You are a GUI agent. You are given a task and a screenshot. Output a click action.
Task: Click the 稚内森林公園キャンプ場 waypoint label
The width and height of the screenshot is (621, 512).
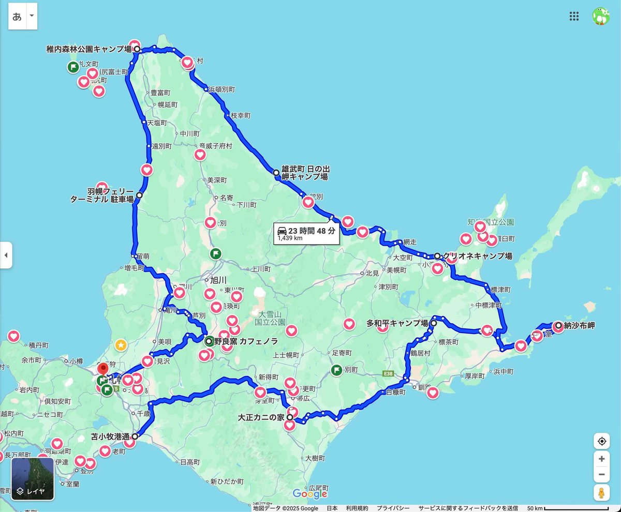tap(89, 49)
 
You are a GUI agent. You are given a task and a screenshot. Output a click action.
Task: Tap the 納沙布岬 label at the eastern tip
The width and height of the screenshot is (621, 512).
tap(579, 326)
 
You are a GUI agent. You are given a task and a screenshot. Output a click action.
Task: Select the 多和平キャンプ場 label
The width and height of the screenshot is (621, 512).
tap(397, 324)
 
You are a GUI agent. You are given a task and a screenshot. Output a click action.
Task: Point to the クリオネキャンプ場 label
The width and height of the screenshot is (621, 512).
tap(477, 256)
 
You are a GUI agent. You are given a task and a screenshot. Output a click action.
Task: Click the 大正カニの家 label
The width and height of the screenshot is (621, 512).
tap(261, 417)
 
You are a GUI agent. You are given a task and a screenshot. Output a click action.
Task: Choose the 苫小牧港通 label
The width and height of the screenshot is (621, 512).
tap(110, 436)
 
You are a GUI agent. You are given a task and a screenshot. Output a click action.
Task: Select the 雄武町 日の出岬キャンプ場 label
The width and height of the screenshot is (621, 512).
tap(305, 173)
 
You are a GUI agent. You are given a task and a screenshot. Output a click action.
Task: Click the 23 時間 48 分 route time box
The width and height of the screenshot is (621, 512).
tap(306, 234)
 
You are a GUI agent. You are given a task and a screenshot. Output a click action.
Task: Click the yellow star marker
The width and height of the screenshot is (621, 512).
tap(121, 344)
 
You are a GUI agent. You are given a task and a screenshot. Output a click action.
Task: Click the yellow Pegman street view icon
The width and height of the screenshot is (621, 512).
tap(601, 493)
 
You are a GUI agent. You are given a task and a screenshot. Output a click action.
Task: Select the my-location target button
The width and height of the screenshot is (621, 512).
tap(601, 441)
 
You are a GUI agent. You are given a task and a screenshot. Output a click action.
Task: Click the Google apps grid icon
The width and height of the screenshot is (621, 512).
tap(574, 16)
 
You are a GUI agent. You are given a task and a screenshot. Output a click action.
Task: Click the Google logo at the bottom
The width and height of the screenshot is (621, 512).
tap(310, 494)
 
